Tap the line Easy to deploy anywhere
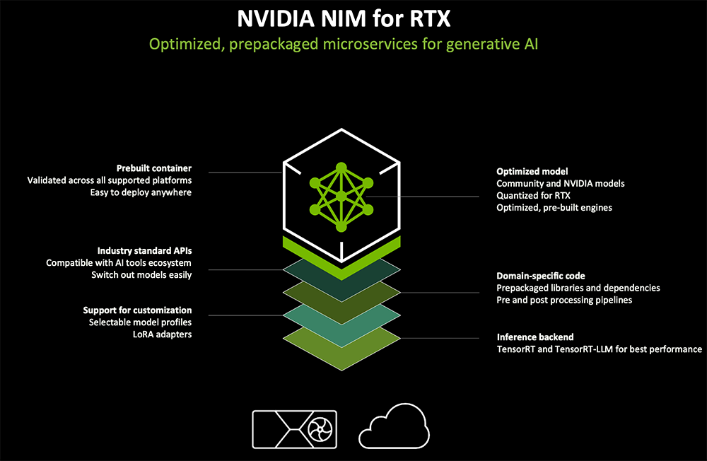click(141, 192)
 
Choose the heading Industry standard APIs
click(144, 251)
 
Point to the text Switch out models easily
click(141, 274)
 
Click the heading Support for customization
click(137, 310)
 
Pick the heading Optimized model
click(532, 172)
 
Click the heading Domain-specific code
click(541, 276)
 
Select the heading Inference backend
click(535, 337)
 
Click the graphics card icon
click(290, 428)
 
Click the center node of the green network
click(341, 197)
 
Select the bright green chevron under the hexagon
click(341, 255)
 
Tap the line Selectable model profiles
click(140, 322)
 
